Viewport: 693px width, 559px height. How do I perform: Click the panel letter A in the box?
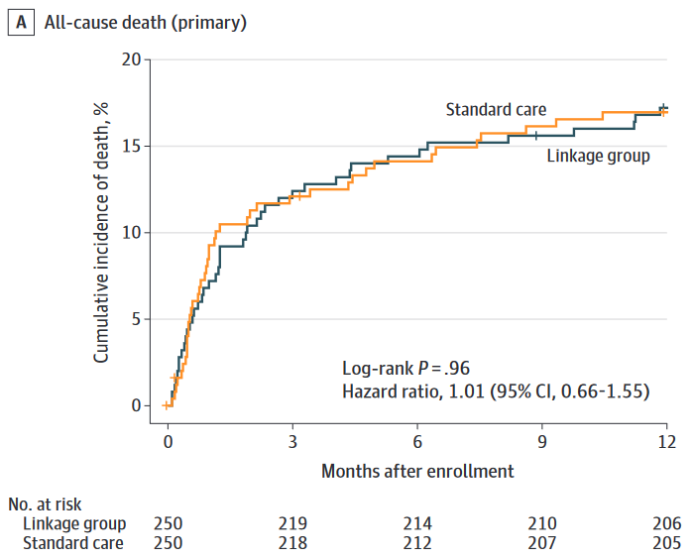click(x=19, y=22)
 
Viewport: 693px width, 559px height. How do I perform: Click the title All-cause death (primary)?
click(x=145, y=22)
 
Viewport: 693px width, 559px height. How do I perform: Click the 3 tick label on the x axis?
click(x=292, y=440)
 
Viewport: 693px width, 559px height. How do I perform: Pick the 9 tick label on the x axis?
click(x=542, y=440)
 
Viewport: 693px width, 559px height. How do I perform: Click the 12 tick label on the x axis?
click(x=666, y=440)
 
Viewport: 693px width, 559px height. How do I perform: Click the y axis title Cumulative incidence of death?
click(x=101, y=230)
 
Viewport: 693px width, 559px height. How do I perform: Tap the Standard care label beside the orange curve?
click(x=496, y=110)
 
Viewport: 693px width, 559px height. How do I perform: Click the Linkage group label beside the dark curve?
click(x=599, y=156)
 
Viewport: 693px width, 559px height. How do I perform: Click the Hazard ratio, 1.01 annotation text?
click(x=496, y=391)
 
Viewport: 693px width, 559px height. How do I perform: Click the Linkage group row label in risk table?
click(x=74, y=523)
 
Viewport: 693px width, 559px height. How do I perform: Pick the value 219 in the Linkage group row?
click(x=292, y=523)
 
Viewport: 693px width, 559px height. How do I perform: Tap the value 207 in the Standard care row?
click(x=542, y=543)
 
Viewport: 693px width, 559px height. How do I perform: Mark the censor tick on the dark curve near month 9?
click(x=536, y=136)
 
